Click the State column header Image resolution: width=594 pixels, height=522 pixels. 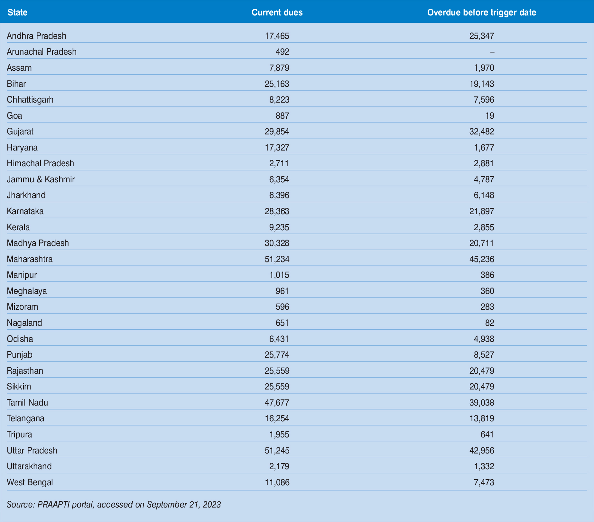click(x=17, y=13)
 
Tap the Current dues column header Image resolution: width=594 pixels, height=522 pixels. click(x=277, y=13)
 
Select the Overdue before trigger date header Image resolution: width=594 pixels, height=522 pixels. click(x=481, y=13)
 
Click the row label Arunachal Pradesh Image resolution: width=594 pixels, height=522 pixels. click(x=42, y=52)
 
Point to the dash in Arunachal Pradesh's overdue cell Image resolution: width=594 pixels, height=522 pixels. click(x=492, y=52)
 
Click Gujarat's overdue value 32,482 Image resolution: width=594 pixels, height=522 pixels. click(x=481, y=132)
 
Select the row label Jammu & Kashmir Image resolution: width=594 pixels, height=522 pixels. click(x=41, y=179)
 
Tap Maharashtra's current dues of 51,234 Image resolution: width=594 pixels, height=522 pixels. click(x=277, y=259)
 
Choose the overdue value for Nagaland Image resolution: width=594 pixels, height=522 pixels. click(x=489, y=323)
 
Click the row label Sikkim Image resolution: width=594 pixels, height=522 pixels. click(x=19, y=387)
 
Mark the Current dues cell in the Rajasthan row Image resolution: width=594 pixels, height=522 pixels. click(x=277, y=371)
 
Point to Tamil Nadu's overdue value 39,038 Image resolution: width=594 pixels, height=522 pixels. click(x=481, y=403)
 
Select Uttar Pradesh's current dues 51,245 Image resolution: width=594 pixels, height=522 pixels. click(x=277, y=451)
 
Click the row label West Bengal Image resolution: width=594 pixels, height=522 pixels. click(x=30, y=482)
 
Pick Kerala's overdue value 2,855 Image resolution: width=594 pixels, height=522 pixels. click(x=484, y=227)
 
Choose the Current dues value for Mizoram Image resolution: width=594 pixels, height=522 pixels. click(x=282, y=307)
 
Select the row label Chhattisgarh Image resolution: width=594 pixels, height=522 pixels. click(x=30, y=100)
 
